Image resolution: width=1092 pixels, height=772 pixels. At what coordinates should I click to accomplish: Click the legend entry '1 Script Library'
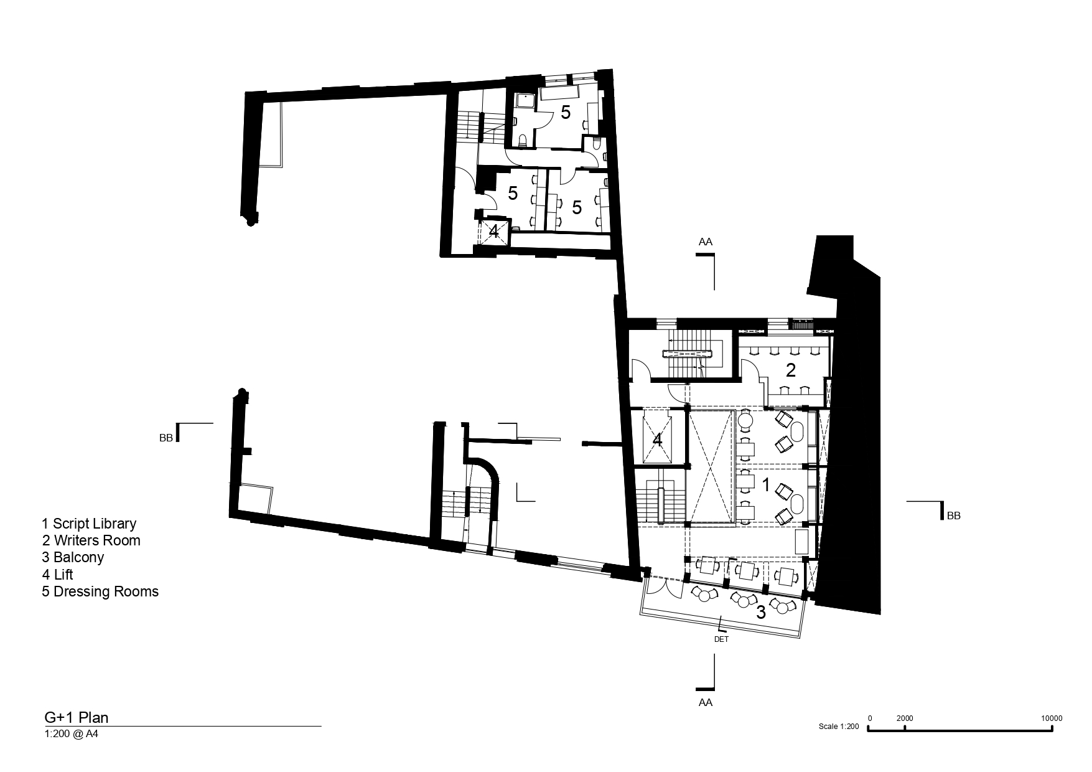point(89,524)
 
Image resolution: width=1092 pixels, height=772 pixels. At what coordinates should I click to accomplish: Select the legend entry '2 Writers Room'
point(91,540)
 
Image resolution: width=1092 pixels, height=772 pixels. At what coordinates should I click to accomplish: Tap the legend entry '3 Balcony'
point(73,557)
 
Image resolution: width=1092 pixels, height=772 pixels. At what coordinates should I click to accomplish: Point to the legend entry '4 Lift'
point(57,574)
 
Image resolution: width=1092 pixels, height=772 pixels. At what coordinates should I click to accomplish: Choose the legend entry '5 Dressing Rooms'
point(100,591)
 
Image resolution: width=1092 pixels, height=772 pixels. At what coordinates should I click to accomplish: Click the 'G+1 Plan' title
point(76,718)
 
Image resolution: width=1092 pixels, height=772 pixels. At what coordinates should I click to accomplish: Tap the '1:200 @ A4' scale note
point(72,734)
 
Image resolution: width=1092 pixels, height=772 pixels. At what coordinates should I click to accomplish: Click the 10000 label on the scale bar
point(1051,718)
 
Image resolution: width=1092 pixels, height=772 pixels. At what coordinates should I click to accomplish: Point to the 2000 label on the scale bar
point(905,718)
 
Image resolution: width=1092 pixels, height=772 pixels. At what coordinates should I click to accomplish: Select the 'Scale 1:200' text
point(839,727)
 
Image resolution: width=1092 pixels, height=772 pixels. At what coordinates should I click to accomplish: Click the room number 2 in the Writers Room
point(791,370)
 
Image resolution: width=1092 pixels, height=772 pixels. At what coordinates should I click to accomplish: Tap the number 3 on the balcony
point(760,612)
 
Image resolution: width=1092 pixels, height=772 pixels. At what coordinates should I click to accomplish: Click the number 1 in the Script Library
point(766,484)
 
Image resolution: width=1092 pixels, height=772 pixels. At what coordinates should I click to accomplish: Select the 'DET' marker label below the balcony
point(722,639)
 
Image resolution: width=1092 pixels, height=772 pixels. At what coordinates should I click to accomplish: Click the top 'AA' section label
point(705,242)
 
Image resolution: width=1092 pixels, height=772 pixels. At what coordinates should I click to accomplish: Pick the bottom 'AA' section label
point(705,702)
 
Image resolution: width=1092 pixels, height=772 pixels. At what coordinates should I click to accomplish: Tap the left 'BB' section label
point(166,438)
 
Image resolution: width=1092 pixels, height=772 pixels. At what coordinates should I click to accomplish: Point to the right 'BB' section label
point(953,515)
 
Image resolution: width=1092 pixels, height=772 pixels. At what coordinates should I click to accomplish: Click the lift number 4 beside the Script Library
point(657,440)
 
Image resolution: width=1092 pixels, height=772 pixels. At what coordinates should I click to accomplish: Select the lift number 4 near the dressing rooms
point(493,232)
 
